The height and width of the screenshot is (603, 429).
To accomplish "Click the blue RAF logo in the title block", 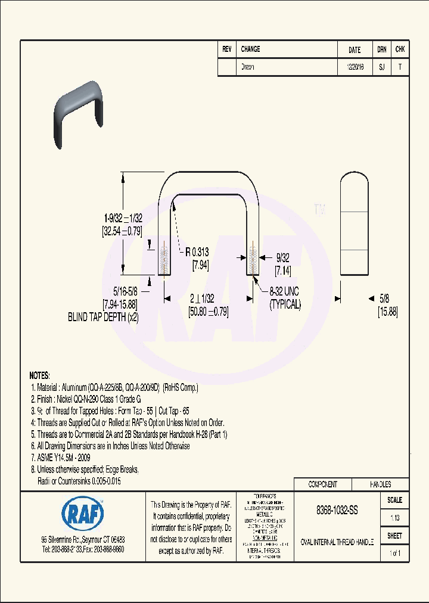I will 83,513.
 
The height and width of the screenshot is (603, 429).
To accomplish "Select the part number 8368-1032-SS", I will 337,511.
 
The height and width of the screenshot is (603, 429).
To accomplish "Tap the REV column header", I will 227,50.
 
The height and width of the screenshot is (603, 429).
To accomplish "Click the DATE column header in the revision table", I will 354,51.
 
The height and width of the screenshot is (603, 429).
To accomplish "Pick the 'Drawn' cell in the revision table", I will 248,67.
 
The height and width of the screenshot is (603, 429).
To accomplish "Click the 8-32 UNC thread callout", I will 284,291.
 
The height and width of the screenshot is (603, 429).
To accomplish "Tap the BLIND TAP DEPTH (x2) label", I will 103,318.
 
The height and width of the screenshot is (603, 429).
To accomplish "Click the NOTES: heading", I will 40,376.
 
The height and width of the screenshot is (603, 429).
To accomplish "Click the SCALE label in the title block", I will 394,500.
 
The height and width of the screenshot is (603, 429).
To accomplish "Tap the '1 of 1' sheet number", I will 394,554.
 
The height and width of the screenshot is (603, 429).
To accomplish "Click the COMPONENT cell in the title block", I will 322,484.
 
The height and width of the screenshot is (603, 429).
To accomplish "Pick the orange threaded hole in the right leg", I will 253,259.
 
